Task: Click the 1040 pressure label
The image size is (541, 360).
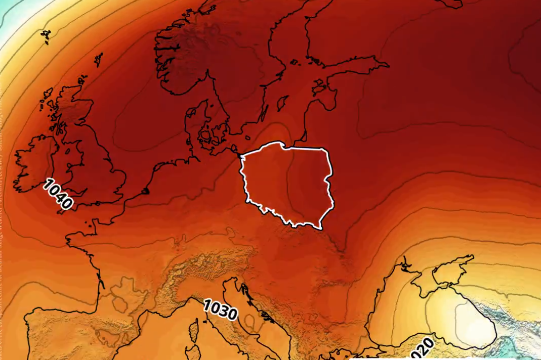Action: coord(57,194)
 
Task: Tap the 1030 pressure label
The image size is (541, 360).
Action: coord(220,309)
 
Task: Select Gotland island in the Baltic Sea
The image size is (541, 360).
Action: coord(283,103)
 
